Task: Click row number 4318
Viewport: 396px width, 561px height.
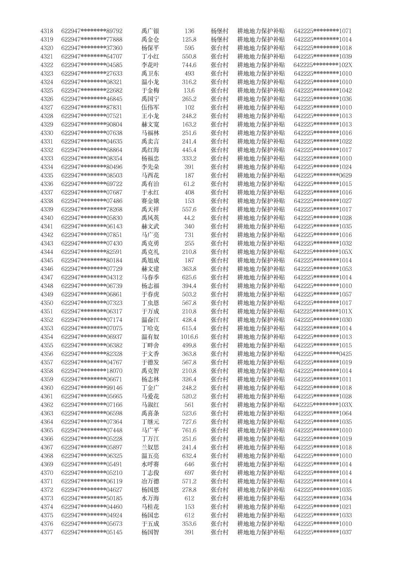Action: point(47,31)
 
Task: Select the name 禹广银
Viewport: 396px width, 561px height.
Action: point(150,31)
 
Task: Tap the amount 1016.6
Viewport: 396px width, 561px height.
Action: point(189,337)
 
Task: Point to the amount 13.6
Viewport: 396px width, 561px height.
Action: point(189,90)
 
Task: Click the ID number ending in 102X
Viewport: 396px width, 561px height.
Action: point(323,65)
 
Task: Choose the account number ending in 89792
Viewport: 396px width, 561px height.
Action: point(92,31)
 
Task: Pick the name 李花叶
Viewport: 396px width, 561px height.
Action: point(150,65)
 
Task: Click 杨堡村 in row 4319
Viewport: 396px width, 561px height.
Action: point(219,39)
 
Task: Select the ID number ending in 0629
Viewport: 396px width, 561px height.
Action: point(323,175)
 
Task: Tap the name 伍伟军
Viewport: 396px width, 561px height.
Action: point(150,107)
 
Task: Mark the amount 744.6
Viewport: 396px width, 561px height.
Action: point(189,65)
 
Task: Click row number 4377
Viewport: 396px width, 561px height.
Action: point(47,532)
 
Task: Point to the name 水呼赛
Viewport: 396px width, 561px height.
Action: point(150,464)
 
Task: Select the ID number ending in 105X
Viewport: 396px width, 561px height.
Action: point(323,252)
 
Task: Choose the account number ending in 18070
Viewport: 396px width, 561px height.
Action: point(92,371)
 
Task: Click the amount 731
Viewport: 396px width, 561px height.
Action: point(189,235)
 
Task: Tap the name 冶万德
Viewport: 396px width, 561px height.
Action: point(150,481)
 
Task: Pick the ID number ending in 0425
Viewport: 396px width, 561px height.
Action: point(323,354)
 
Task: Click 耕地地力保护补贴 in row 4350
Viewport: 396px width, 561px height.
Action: point(261,303)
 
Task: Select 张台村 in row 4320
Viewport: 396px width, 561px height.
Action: point(219,48)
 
